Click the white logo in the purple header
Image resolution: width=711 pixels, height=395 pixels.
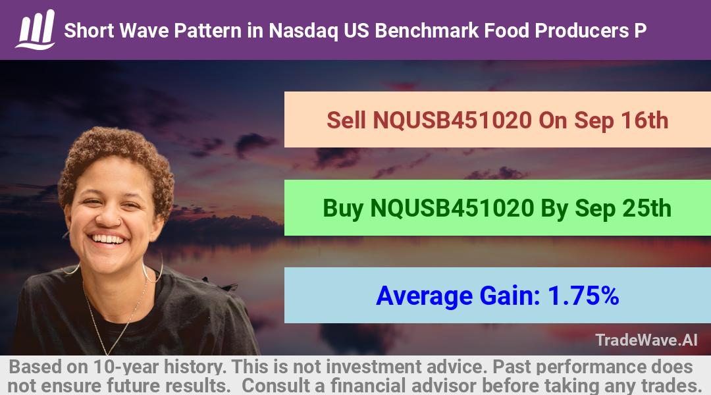[36, 30]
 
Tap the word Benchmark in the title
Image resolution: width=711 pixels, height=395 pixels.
[427, 30]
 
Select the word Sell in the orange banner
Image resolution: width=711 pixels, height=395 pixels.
[346, 120]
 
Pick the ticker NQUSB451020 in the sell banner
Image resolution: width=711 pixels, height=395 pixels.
[452, 120]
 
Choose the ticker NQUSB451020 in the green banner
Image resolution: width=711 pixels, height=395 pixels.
[452, 209]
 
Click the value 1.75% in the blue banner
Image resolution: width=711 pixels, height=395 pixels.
[583, 296]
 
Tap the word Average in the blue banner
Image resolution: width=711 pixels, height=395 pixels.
[425, 296]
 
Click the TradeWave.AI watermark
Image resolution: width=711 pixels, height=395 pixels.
[646, 340]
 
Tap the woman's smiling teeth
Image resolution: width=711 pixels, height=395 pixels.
[107, 239]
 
